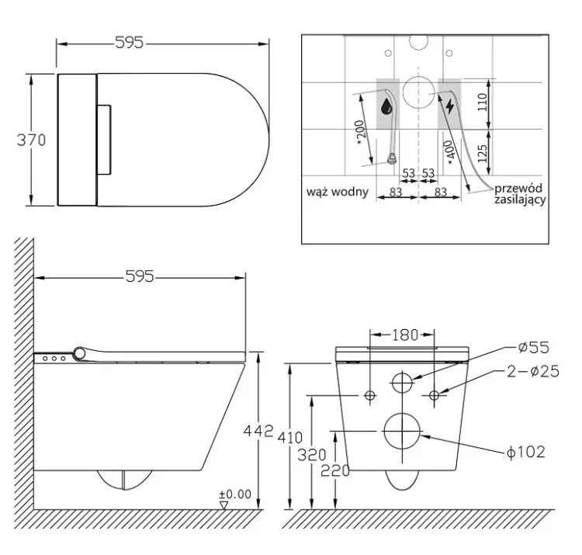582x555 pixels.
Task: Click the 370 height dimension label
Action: click(31, 140)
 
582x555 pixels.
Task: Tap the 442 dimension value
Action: click(258, 431)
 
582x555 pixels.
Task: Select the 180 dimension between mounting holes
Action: click(405, 335)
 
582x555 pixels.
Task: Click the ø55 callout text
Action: click(533, 348)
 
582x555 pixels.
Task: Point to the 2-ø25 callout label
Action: click(533, 371)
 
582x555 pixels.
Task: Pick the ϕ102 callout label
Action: click(526, 452)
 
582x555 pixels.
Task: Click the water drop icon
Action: click(386, 106)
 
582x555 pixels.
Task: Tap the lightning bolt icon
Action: click(449, 106)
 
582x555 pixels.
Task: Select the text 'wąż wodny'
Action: click(338, 192)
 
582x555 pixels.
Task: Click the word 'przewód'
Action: click(518, 188)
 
